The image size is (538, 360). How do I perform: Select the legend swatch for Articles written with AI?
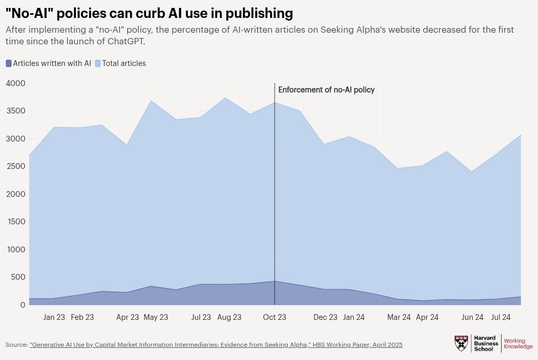8,63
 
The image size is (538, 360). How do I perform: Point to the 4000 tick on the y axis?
15,83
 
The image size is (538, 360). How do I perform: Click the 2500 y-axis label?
15,166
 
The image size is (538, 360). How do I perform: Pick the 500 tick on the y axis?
18,277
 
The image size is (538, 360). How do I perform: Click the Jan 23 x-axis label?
54,317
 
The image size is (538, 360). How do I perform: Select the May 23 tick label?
156,317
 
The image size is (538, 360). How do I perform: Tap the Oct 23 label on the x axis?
274,317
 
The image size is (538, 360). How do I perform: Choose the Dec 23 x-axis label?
325,317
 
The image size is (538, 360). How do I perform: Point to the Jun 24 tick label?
473,317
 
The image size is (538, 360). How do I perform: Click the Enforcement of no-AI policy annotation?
326,90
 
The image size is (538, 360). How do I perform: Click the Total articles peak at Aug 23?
226,98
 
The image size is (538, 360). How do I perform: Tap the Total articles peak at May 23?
151,100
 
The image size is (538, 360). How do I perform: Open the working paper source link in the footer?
216,345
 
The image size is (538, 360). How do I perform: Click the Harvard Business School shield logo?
461,343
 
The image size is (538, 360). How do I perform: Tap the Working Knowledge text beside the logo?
518,344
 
